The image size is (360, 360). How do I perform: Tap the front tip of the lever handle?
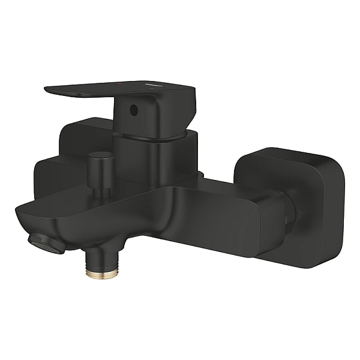[x=50, y=91]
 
